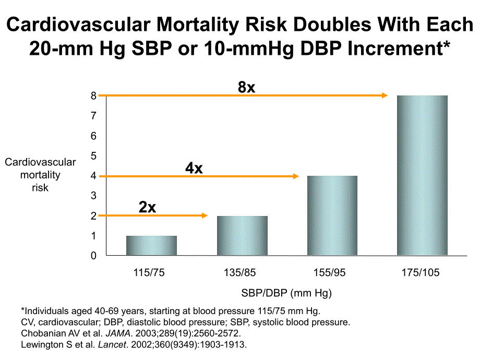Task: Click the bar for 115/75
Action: click(151, 246)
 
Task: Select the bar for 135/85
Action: click(242, 236)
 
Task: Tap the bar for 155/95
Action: click(332, 215)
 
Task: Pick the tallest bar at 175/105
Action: click(423, 175)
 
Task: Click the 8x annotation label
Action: click(246, 87)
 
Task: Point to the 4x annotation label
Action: click(194, 168)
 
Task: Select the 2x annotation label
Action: click(148, 207)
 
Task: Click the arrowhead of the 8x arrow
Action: click(385, 95)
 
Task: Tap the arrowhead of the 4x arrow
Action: click(295, 176)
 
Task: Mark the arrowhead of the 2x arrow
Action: click(205, 215)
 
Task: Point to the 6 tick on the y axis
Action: click(94, 136)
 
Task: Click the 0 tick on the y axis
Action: click(94, 256)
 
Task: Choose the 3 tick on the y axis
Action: click(94, 196)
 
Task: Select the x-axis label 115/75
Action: click(151, 273)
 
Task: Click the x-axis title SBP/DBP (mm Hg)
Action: click(286, 293)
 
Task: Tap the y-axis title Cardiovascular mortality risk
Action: click(40, 175)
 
